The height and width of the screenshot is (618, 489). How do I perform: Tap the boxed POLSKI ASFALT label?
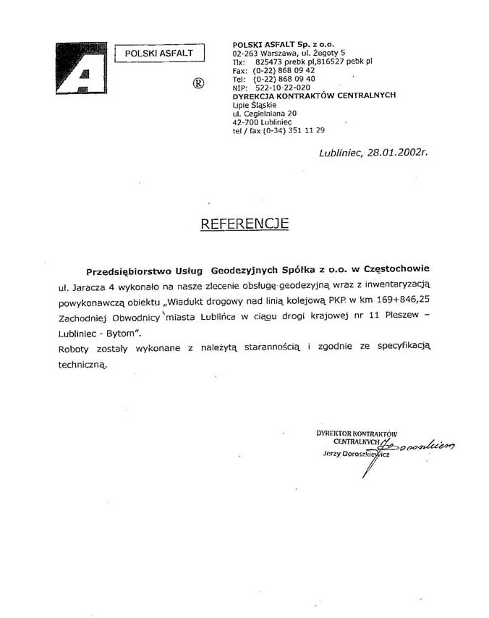pyautogui.click(x=160, y=53)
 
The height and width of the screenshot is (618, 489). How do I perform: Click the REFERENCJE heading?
pyautogui.click(x=244, y=224)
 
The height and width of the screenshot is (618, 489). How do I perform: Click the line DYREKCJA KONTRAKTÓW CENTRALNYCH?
pyautogui.click(x=314, y=96)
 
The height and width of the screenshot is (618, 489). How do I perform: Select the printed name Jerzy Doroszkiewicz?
pyautogui.click(x=356, y=454)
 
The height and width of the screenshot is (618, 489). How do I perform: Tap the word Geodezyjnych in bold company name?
pyautogui.click(x=239, y=271)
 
